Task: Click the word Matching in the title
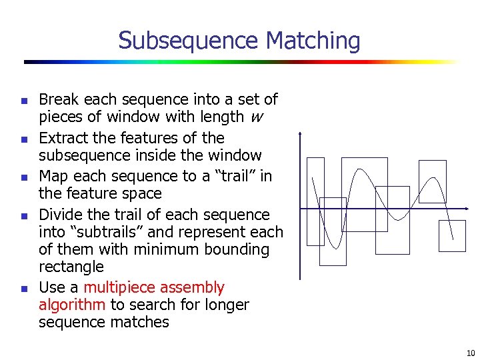click(x=313, y=41)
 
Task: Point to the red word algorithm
click(x=72, y=305)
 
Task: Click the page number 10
click(x=471, y=353)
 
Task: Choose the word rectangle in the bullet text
click(x=71, y=267)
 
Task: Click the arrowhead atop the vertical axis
click(x=301, y=134)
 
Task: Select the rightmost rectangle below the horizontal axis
click(x=452, y=236)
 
